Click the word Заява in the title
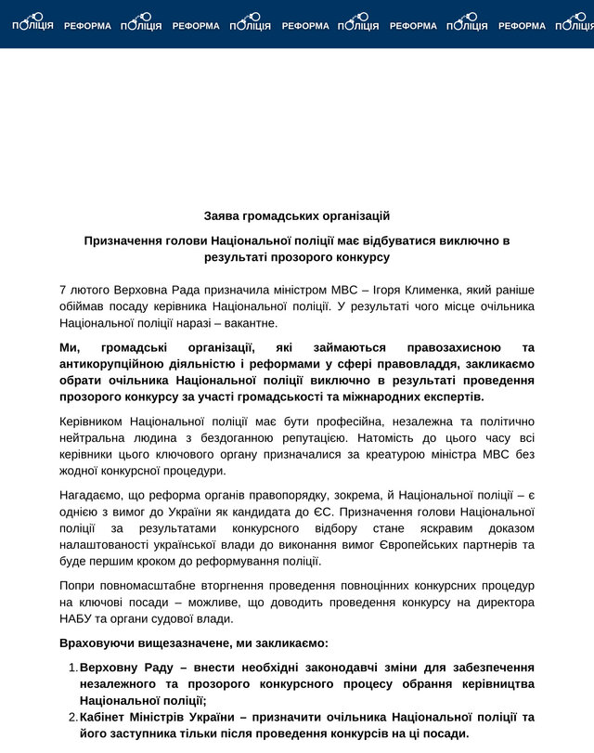pos(222,216)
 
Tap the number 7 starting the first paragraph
pos(62,289)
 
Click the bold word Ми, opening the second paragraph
pos(70,346)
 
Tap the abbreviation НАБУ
pos(76,619)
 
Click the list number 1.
pos(71,668)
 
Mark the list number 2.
pos(71,718)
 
